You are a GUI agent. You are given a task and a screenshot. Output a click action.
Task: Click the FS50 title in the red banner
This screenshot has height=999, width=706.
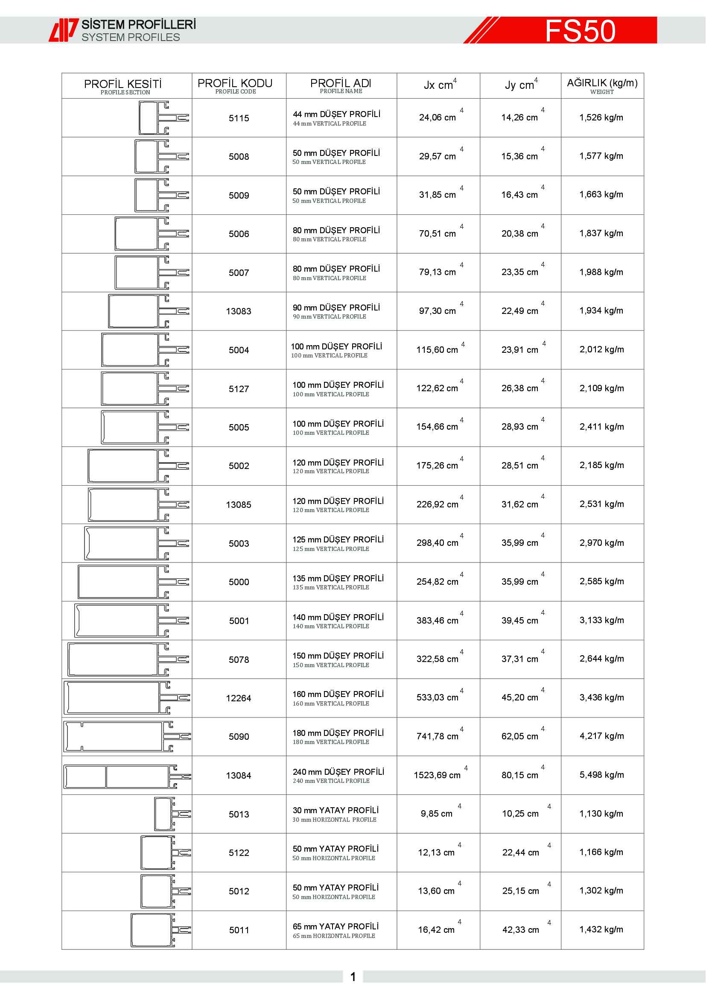580,30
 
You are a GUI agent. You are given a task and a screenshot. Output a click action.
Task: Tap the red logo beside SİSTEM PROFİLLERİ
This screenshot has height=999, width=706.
63,30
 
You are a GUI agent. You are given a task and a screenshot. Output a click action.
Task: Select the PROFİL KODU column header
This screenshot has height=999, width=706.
235,85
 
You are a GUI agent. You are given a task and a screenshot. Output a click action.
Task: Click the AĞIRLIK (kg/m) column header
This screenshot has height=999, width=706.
602,85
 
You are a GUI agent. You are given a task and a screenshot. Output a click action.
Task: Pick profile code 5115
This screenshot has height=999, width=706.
239,118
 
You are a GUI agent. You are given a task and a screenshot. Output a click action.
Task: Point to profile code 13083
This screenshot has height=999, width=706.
238,311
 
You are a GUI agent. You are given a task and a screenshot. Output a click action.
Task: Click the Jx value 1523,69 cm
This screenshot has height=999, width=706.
437,775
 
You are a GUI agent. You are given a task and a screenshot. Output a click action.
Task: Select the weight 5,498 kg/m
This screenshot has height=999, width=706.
602,775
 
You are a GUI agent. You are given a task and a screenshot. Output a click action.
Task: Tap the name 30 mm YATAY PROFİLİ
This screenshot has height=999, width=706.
335,810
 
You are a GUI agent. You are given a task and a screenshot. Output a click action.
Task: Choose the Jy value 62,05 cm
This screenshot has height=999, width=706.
519,736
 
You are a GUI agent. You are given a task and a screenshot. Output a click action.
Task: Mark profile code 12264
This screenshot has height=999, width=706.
238,698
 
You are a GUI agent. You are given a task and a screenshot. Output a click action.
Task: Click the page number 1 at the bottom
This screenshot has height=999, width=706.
353,977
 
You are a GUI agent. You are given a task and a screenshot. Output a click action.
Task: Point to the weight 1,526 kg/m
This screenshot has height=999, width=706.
601,117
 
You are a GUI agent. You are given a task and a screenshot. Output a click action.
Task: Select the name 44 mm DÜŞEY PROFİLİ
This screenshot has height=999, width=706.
336,114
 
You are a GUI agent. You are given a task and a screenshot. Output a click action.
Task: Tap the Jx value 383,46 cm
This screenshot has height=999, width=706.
437,621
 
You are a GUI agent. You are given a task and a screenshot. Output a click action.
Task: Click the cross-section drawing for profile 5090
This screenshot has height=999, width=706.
126,737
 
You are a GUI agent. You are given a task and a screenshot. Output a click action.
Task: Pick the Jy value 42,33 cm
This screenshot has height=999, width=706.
520,930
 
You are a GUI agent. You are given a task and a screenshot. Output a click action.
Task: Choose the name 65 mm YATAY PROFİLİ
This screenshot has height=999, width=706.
335,926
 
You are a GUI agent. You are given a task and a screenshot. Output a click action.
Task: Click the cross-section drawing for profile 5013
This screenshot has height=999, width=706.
172,814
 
